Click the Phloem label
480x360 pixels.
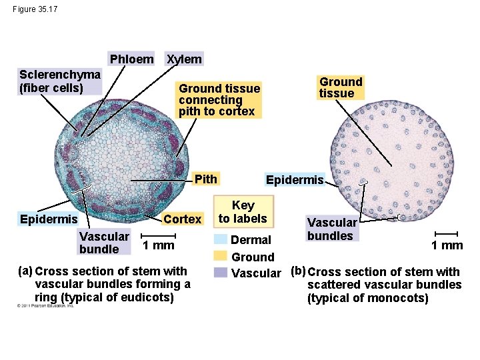131,59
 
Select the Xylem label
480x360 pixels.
184,59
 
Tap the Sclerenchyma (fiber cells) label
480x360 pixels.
60,81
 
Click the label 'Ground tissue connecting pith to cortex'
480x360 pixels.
219,100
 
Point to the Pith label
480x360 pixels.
205,179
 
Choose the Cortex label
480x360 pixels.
182,219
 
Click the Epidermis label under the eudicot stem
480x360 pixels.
49,219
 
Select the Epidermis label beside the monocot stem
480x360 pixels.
294,180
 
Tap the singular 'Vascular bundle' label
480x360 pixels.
104,242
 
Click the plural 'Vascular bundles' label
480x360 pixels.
331,229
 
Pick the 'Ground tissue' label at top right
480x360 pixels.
340,87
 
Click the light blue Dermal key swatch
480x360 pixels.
221,239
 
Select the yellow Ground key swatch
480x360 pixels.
221,256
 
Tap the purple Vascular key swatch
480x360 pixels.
221,272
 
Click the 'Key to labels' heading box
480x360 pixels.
243,212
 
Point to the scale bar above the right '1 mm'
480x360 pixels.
447,233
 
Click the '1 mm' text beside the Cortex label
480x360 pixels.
158,245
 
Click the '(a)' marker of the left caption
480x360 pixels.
25,271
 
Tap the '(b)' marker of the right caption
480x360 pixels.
297,271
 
